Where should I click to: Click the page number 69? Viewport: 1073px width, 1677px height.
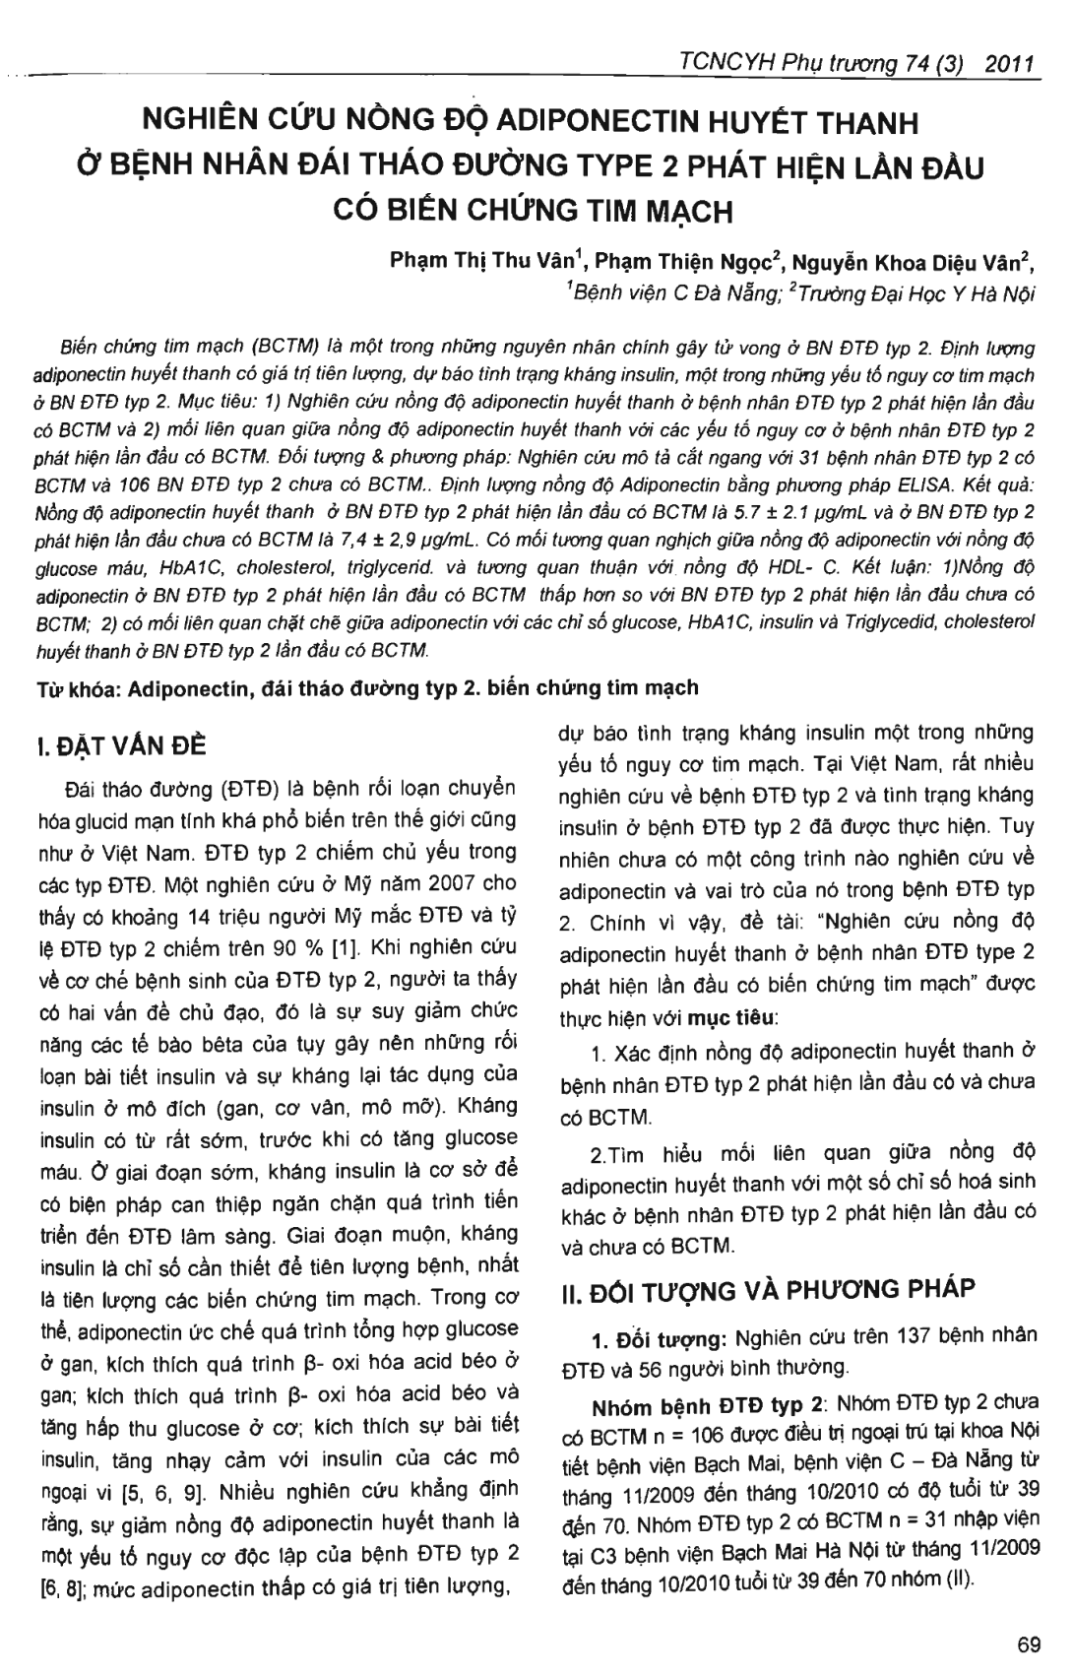(x=1029, y=1645)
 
